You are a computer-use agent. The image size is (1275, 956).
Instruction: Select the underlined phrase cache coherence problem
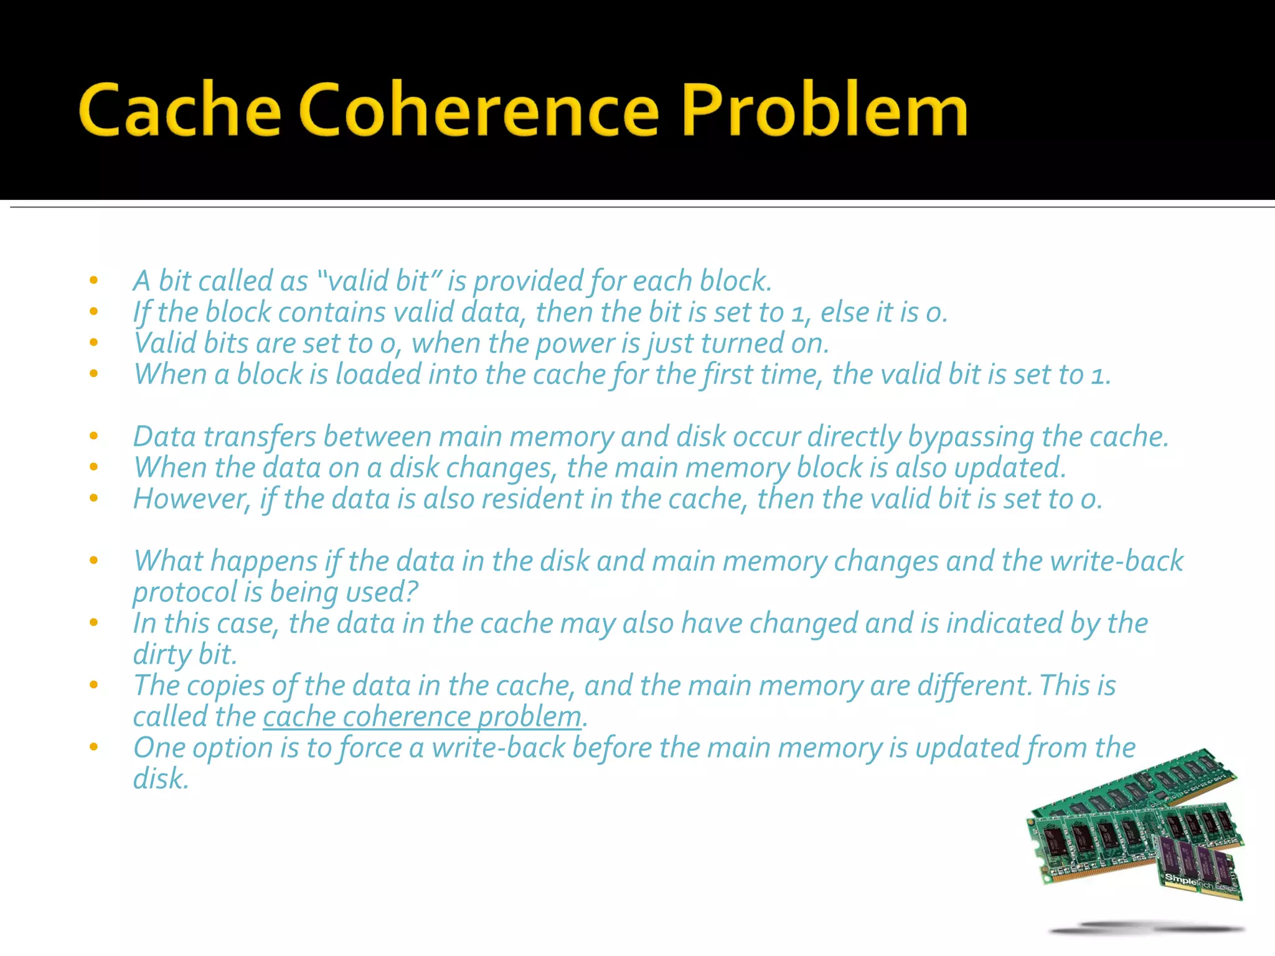[422, 717]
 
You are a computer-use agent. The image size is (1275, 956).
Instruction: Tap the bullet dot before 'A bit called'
[94, 281]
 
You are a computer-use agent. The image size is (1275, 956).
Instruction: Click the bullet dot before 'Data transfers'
[94, 436]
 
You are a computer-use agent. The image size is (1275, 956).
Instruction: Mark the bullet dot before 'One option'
[94, 747]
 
